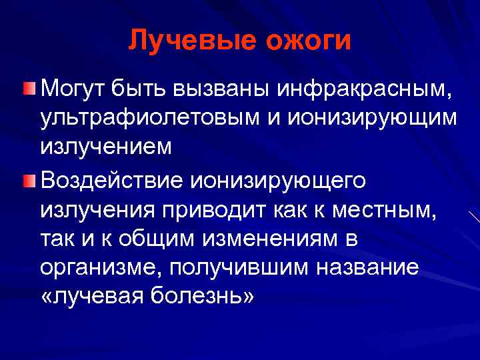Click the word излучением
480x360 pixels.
105,148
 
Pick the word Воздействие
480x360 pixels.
115,180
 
